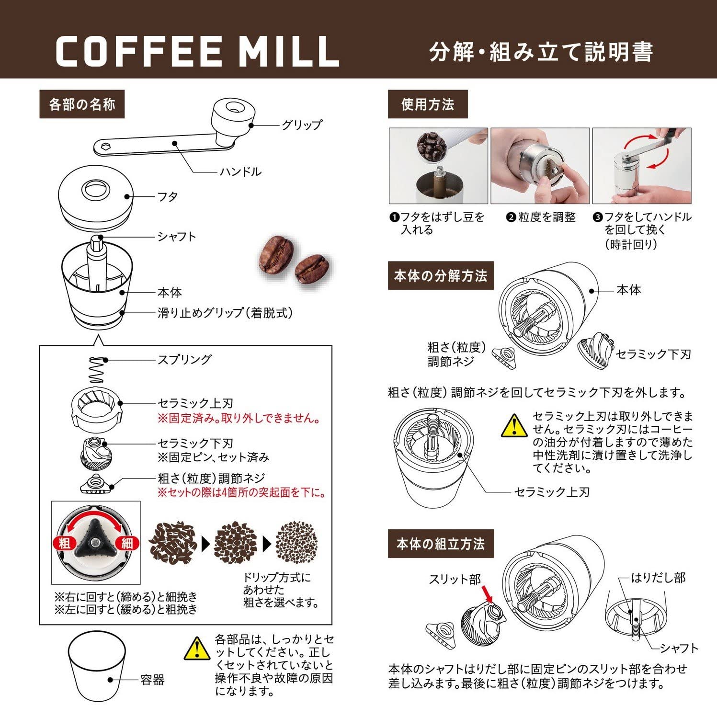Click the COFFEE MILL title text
(x=197, y=51)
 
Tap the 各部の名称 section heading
(x=82, y=104)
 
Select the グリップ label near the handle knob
(x=301, y=125)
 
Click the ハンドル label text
(x=240, y=171)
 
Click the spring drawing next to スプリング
(x=96, y=370)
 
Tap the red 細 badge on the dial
(x=127, y=543)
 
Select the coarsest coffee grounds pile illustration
(x=173, y=543)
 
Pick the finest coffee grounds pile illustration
(x=296, y=543)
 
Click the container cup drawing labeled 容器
(x=96, y=666)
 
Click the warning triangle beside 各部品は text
(x=197, y=649)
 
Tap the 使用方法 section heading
(x=427, y=104)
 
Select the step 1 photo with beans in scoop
(x=438, y=166)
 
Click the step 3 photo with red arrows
(x=642, y=166)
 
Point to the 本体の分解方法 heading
(x=440, y=276)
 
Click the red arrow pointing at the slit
(x=487, y=593)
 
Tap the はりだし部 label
(x=658, y=578)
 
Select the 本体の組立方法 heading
(x=440, y=544)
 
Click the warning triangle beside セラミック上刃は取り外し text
(x=514, y=426)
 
